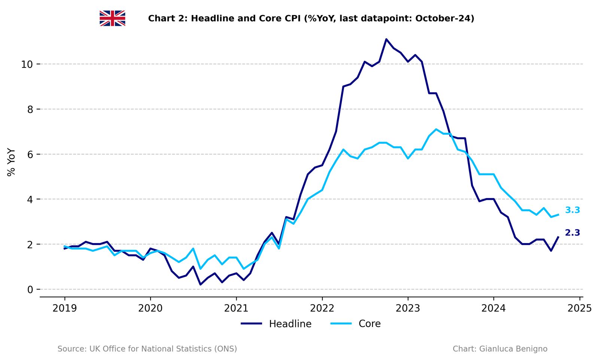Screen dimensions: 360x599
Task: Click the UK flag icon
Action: coord(112,18)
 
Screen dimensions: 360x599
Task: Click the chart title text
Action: coord(311,18)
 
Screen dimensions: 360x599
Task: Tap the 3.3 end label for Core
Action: coord(572,210)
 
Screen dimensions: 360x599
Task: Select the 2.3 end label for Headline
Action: coord(572,233)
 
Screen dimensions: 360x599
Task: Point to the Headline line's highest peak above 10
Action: coord(386,39)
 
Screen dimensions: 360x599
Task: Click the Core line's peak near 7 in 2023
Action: coord(436,130)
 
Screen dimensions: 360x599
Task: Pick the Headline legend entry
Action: coord(276,324)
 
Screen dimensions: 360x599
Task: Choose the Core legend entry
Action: coord(356,324)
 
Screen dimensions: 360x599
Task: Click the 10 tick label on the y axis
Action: coord(27,64)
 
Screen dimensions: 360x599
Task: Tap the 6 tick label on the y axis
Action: coord(30,154)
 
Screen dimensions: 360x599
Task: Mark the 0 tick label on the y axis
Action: coord(30,290)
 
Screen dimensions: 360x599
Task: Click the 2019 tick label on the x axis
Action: coord(64,308)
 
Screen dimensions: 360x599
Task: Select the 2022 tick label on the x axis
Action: coord(322,308)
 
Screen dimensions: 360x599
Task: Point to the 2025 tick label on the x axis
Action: coord(579,308)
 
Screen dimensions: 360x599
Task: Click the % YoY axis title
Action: coord(11,162)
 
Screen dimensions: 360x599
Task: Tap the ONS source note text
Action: coord(147,349)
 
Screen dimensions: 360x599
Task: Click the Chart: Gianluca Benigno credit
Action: coord(500,349)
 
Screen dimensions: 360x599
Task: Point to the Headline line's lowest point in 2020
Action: coord(201,284)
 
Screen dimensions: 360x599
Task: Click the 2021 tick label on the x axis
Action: coord(236,308)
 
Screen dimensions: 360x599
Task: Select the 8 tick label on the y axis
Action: coord(30,109)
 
